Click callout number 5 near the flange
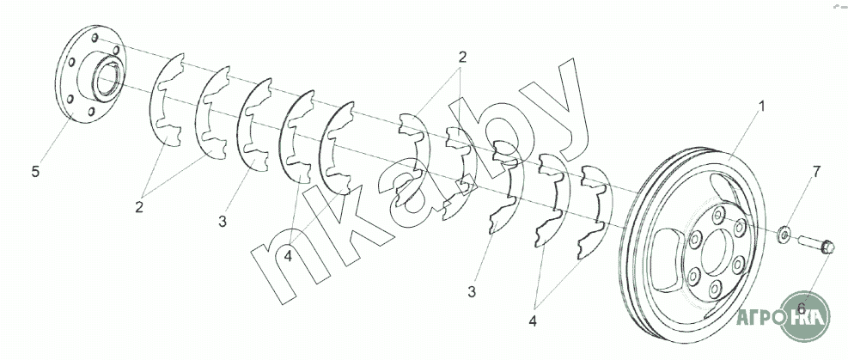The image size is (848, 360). (35, 172)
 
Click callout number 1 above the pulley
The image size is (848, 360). (760, 107)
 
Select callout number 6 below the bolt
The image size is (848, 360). (801, 308)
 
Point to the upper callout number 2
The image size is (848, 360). (461, 58)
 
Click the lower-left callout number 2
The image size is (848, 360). (140, 206)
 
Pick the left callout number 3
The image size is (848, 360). (222, 222)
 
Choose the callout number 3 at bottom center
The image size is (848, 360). (472, 292)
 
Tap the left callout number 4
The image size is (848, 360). (289, 255)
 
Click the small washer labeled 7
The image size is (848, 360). (784, 234)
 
